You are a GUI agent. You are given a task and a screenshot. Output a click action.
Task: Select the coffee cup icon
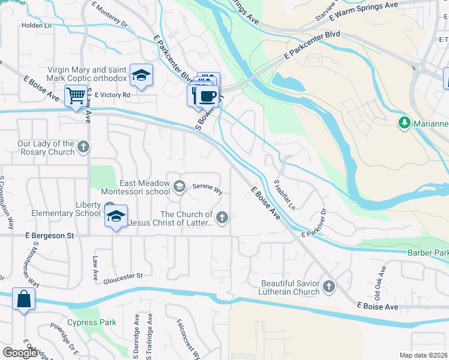coord(208,96)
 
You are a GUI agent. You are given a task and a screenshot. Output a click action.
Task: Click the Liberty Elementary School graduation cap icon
coord(116,215)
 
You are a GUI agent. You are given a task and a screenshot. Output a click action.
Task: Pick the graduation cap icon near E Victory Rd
coord(141,75)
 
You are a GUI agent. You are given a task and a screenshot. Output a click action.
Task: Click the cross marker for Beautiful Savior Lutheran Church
coord(328,287)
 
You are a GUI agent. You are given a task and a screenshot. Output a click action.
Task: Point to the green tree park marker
coord(405,123)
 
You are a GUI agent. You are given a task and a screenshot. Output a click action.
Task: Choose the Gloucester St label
coord(122,276)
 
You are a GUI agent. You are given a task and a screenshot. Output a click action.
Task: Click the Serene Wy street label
coord(207,188)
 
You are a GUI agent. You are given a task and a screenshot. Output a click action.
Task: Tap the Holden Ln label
coord(35,26)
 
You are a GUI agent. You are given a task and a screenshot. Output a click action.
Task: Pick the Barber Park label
coord(427,254)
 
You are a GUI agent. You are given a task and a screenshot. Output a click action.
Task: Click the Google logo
coord(20,352)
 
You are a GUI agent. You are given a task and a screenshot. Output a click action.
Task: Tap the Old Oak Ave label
coord(378,290)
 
